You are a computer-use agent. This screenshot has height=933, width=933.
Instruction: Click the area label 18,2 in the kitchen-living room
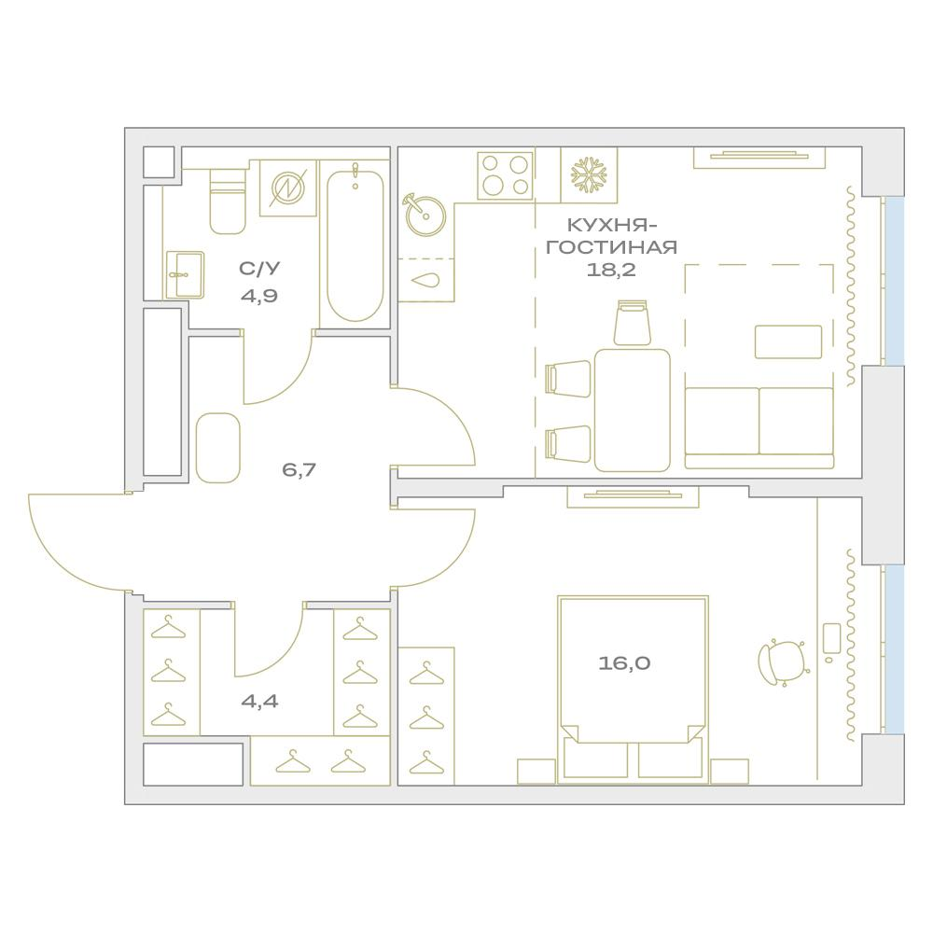(611, 270)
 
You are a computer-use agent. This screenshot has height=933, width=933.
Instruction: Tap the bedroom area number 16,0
(624, 663)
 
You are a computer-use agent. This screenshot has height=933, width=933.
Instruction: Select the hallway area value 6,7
(299, 469)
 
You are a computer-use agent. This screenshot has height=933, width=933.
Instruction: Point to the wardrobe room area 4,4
(259, 701)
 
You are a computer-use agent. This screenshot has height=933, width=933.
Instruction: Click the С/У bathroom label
(259, 270)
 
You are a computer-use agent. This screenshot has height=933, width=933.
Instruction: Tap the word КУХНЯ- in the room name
(611, 225)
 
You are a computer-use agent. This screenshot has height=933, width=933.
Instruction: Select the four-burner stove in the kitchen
(505, 175)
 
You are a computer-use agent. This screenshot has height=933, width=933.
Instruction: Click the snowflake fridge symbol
(589, 175)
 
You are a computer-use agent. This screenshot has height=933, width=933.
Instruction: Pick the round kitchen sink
(425, 216)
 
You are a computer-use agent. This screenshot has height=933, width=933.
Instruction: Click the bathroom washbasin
(185, 274)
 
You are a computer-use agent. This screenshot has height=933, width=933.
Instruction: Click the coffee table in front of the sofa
(787, 341)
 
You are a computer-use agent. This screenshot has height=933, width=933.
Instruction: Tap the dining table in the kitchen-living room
(633, 410)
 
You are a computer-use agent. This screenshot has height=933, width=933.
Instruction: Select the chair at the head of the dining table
(632, 323)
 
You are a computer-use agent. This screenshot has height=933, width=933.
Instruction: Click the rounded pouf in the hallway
(218, 448)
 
